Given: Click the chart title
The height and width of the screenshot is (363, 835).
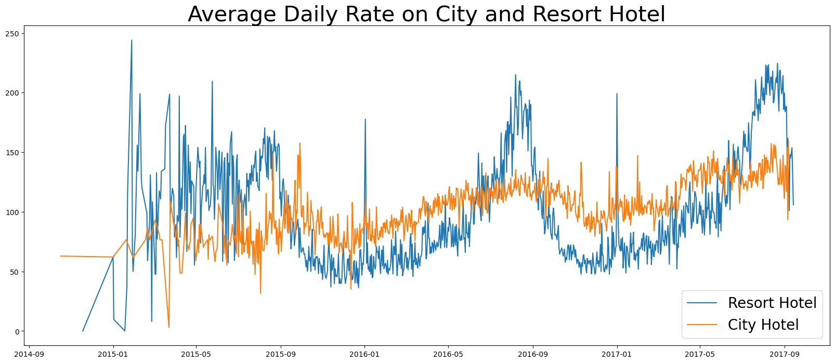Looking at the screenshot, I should coord(426,14).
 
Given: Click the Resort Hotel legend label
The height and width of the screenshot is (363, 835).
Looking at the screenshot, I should coord(772,303).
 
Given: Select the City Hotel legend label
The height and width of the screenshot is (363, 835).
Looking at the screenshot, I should coord(763,325).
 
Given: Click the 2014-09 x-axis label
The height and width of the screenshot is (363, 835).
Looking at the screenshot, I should coord(29,354).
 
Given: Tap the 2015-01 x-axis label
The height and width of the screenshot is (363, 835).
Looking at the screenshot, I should coord(113,354).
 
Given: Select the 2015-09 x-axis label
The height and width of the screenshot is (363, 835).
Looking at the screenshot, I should coord(281,354).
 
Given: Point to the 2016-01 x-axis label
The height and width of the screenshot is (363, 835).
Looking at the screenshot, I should coord(364,354).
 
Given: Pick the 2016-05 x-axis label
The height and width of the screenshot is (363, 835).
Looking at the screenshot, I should coord(448,354).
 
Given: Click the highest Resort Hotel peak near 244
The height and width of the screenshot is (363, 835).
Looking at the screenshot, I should coord(132,41).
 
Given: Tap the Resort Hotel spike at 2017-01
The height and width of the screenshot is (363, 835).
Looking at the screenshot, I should coord(617,94).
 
